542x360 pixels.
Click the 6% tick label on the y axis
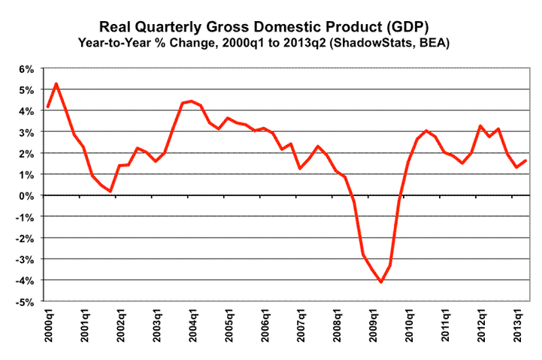(x=26, y=69)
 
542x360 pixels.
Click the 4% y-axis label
(x=26, y=111)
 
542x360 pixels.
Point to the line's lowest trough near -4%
(x=381, y=283)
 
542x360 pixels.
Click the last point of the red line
(x=525, y=161)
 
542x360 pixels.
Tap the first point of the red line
(x=48, y=107)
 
